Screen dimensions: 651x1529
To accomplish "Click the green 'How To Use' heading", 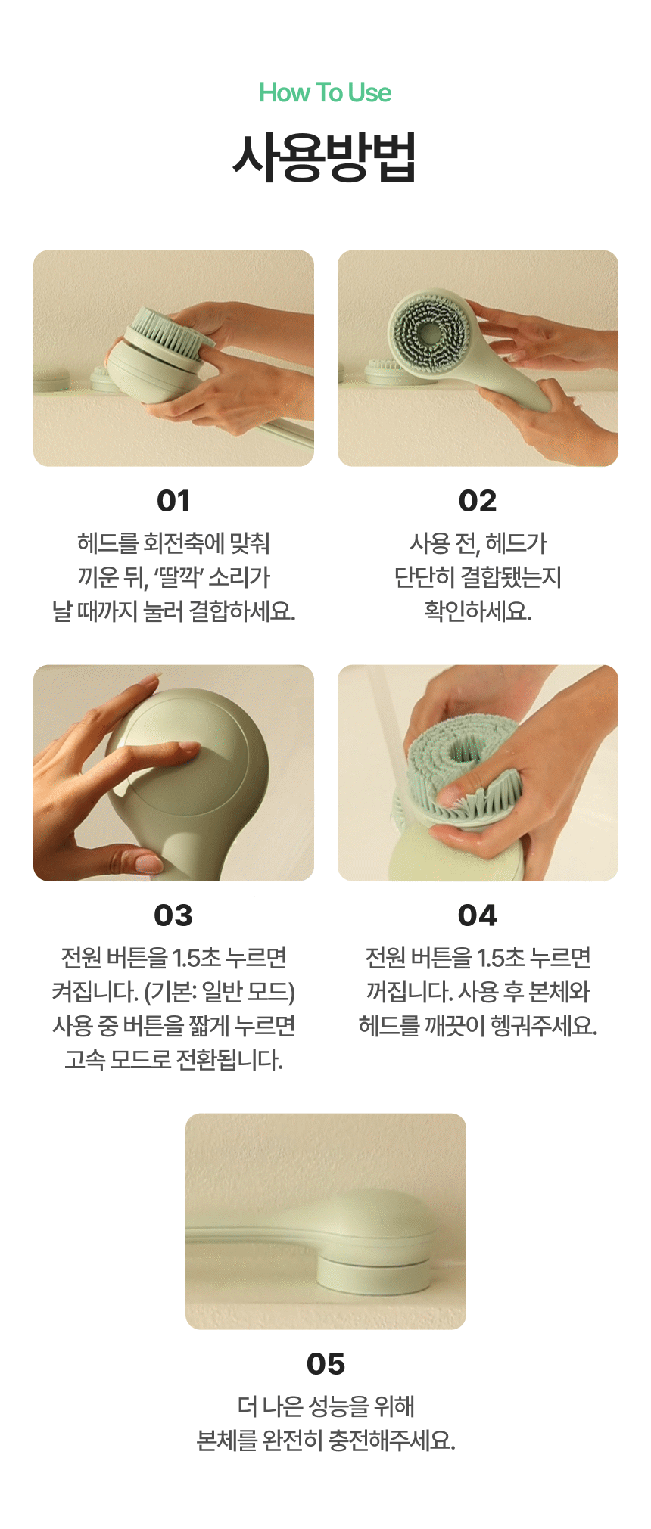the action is click(325, 93).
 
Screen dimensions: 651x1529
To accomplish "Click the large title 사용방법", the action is click(325, 157).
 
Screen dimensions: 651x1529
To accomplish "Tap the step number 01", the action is click(173, 501).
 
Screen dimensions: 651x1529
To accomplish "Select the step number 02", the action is click(478, 501).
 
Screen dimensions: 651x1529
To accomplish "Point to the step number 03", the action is click(173, 915).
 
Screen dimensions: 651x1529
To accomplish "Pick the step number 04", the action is click(478, 915).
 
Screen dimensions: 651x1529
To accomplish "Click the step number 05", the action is click(325, 1364).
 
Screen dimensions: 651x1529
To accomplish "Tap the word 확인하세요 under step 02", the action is click(478, 611).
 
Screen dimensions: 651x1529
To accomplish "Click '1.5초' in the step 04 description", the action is click(500, 958).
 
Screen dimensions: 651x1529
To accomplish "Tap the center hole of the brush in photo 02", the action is click(428, 333).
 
